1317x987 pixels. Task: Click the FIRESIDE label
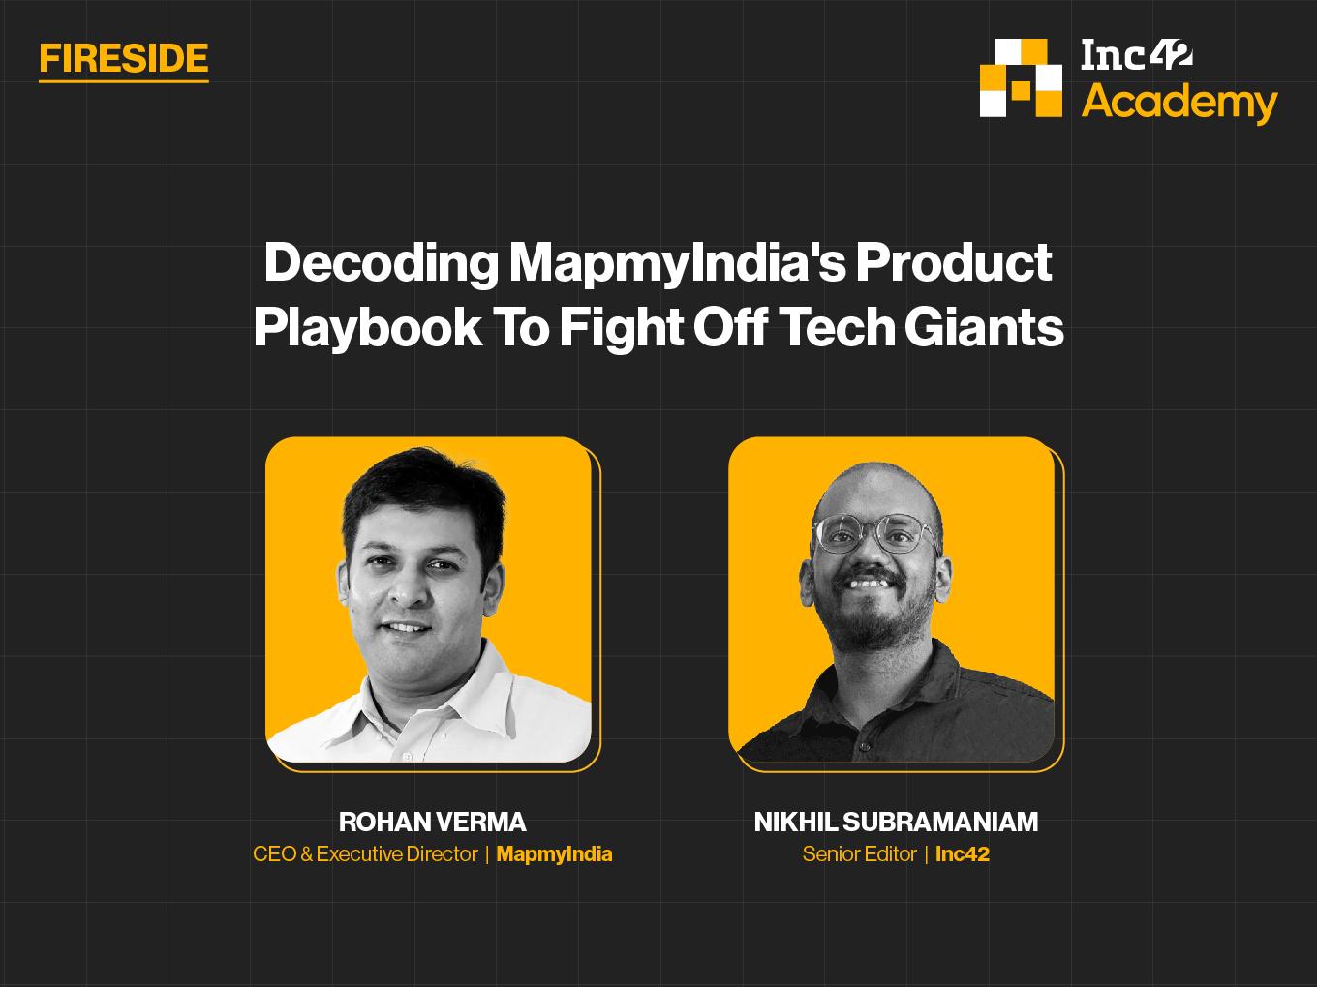point(124,59)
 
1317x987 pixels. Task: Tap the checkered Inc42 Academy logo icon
point(1021,77)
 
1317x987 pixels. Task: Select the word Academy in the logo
point(1179,103)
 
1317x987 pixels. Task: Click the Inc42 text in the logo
point(1137,55)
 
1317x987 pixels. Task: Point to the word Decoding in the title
point(381,263)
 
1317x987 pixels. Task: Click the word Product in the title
point(954,262)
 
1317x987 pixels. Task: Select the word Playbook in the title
point(368,328)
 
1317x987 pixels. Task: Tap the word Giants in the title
point(984,327)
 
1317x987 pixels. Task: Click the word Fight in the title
point(621,328)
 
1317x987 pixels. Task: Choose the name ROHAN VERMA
point(432,822)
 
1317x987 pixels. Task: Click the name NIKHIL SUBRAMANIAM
point(896,822)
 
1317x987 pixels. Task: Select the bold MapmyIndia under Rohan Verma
point(555,854)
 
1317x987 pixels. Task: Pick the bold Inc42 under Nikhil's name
point(963,854)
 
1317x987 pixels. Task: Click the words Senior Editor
point(859,854)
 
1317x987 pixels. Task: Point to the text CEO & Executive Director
point(365,854)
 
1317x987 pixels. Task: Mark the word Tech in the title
point(839,327)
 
